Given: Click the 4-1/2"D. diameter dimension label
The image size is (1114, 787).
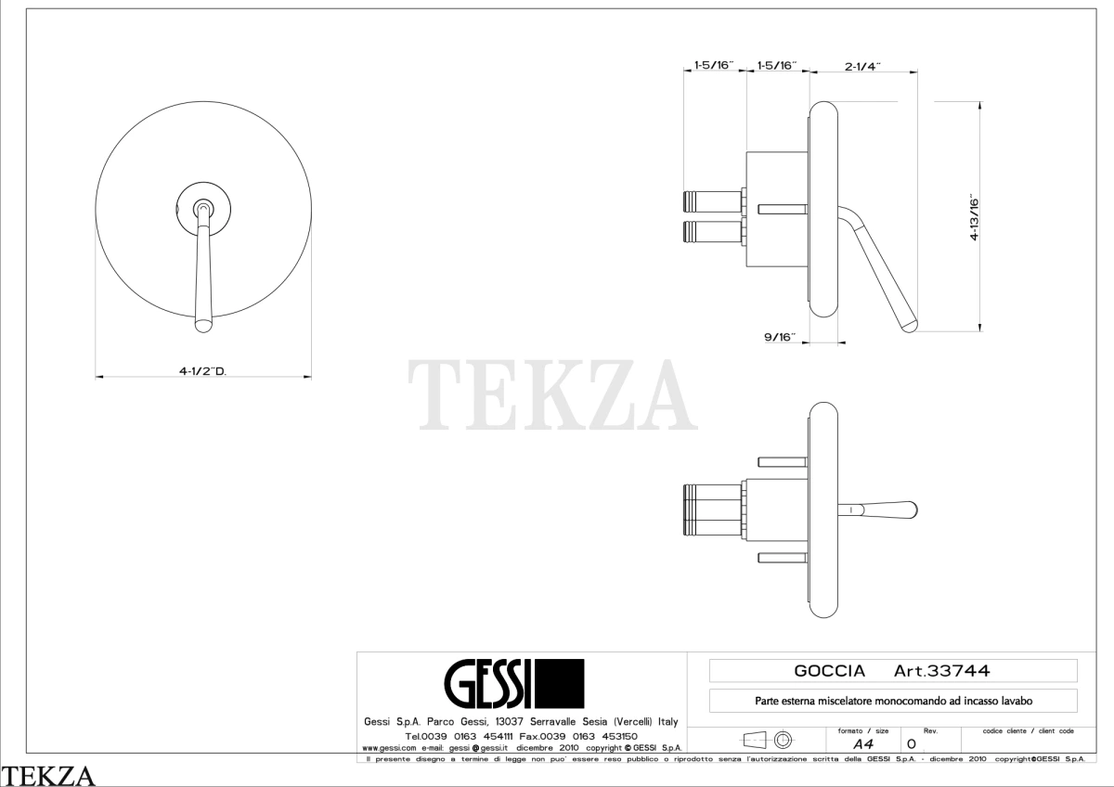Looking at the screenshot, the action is click(x=203, y=371).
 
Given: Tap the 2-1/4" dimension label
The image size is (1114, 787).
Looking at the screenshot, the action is click(x=862, y=66).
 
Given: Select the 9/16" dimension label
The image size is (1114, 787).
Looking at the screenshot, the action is click(x=780, y=337).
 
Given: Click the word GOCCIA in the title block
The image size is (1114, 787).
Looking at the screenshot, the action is click(x=830, y=671).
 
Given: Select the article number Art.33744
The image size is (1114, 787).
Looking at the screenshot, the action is click(x=942, y=671).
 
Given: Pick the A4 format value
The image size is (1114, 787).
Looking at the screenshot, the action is click(x=862, y=743).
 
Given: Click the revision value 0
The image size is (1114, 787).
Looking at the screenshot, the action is click(x=911, y=743).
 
